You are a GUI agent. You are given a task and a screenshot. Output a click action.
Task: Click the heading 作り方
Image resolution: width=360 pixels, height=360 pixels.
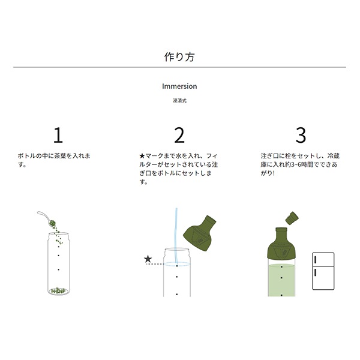pyautogui.click(x=179, y=57)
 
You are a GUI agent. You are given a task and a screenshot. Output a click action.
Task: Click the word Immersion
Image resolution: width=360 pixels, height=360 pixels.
pyautogui.click(x=179, y=86)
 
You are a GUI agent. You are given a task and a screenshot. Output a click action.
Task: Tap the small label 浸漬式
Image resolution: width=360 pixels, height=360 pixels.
pyautogui.click(x=179, y=101)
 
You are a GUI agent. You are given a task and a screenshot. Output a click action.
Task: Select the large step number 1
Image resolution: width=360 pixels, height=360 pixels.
pyautogui.click(x=58, y=135)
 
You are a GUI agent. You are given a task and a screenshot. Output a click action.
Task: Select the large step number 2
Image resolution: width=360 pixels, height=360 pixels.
pyautogui.click(x=179, y=135)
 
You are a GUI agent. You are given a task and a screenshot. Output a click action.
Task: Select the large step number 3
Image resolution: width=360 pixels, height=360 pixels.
pyautogui.click(x=301, y=135)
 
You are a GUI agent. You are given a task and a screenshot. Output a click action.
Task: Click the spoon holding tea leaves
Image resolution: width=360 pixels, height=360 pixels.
pyautogui.click(x=47, y=219)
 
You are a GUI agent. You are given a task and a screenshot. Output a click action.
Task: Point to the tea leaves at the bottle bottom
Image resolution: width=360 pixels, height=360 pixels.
pyautogui.click(x=58, y=290)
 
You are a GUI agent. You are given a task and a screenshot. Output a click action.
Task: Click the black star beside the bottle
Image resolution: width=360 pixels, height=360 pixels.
pyautogui.click(x=148, y=259)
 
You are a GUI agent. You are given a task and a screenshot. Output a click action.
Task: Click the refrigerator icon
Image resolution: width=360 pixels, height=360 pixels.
pyautogui.click(x=323, y=271)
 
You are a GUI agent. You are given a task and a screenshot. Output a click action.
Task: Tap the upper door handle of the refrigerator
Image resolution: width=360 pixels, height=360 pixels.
pyautogui.click(x=316, y=260)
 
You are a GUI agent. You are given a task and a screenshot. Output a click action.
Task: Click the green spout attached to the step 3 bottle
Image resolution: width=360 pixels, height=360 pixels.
pyautogui.click(x=281, y=244)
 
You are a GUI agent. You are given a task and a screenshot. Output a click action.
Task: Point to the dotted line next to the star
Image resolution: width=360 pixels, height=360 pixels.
pyautogui.click(x=155, y=264)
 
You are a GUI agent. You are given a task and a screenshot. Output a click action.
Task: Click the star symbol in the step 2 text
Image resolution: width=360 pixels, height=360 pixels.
pyautogui.click(x=142, y=156)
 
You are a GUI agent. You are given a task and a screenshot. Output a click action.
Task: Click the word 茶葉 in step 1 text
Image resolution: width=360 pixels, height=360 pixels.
pyautogui.click(x=60, y=156)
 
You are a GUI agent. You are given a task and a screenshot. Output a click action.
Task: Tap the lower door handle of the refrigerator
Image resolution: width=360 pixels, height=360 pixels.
pyautogui.click(x=316, y=272)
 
